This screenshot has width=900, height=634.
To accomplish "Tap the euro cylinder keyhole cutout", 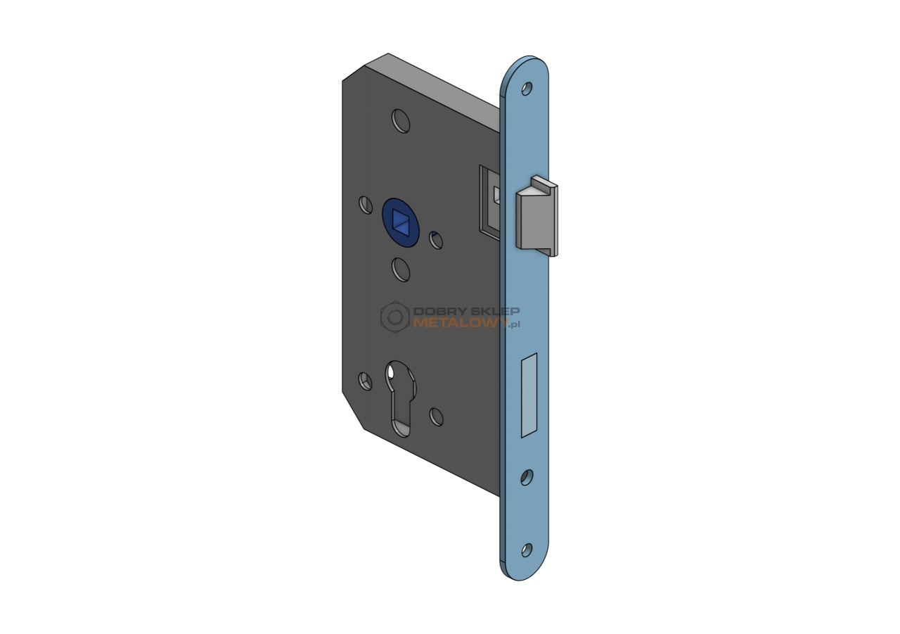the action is [x=401, y=398].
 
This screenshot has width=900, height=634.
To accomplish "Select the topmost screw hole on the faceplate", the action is [x=527, y=89].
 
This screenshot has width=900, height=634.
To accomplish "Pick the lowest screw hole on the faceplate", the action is [x=527, y=550].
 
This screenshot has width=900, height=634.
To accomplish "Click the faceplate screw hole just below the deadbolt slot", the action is [x=527, y=477].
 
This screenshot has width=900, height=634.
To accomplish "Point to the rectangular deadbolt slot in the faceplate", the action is [x=529, y=395].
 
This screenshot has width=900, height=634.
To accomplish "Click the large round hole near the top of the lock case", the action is [x=401, y=121].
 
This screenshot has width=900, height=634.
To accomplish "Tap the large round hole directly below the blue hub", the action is [x=401, y=270].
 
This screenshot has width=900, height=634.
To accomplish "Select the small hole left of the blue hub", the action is [x=365, y=205].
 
